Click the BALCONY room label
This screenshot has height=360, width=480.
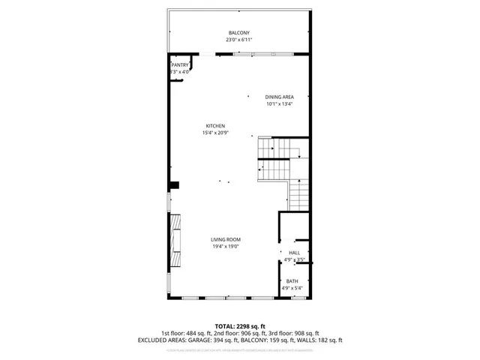pos(239,33)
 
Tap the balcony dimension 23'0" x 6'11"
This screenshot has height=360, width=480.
pos(239,40)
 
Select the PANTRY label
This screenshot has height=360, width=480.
pos(180,65)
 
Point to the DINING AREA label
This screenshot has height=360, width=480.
pos(279,97)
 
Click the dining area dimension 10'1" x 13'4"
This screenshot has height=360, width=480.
pos(279,104)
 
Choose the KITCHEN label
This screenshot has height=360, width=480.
pos(216,126)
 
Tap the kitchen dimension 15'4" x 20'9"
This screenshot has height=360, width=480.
pos(216,133)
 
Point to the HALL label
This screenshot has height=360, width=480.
pos(294,253)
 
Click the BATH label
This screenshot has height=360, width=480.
pos(291,281)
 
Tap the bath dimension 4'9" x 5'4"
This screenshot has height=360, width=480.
pos(291,288)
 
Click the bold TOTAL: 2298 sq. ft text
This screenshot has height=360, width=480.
pos(239,326)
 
